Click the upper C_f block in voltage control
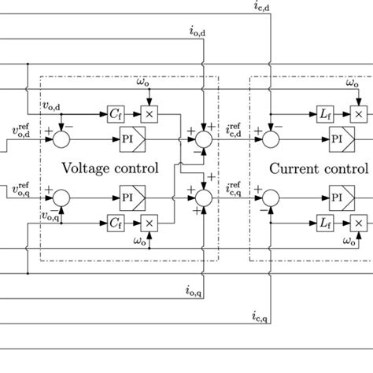pyautogui.click(x=114, y=115)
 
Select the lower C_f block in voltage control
pyautogui.click(x=114, y=225)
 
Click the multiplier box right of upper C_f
pyautogui.click(x=146, y=115)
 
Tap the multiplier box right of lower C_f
pyautogui.click(x=146, y=225)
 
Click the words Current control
pyautogui.click(x=318, y=168)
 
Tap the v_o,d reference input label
pyautogui.click(x=24, y=131)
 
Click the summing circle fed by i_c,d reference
pyautogui.click(x=272, y=138)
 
